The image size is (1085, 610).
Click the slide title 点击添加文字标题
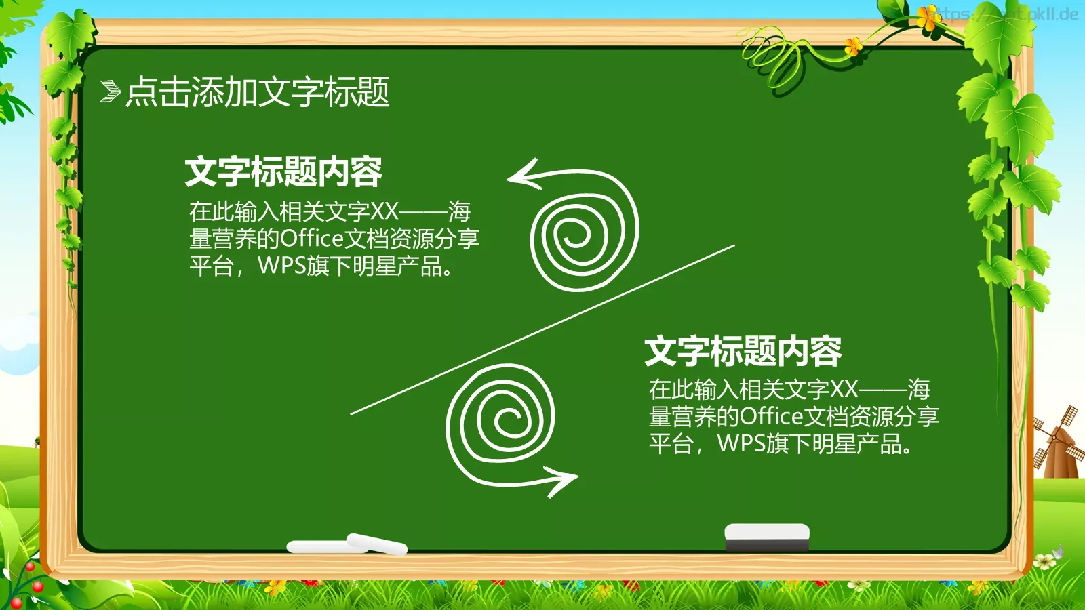point(258,91)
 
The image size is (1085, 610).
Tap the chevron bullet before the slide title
point(110,91)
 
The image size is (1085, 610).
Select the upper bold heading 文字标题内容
point(283,171)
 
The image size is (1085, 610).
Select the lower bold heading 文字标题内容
point(743,351)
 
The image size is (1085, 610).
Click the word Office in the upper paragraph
point(312,239)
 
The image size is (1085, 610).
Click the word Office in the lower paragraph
point(772,416)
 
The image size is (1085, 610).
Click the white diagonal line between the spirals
point(542,329)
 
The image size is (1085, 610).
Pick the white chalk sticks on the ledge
point(347,544)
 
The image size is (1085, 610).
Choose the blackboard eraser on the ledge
point(767,536)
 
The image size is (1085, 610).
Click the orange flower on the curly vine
point(853,46)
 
